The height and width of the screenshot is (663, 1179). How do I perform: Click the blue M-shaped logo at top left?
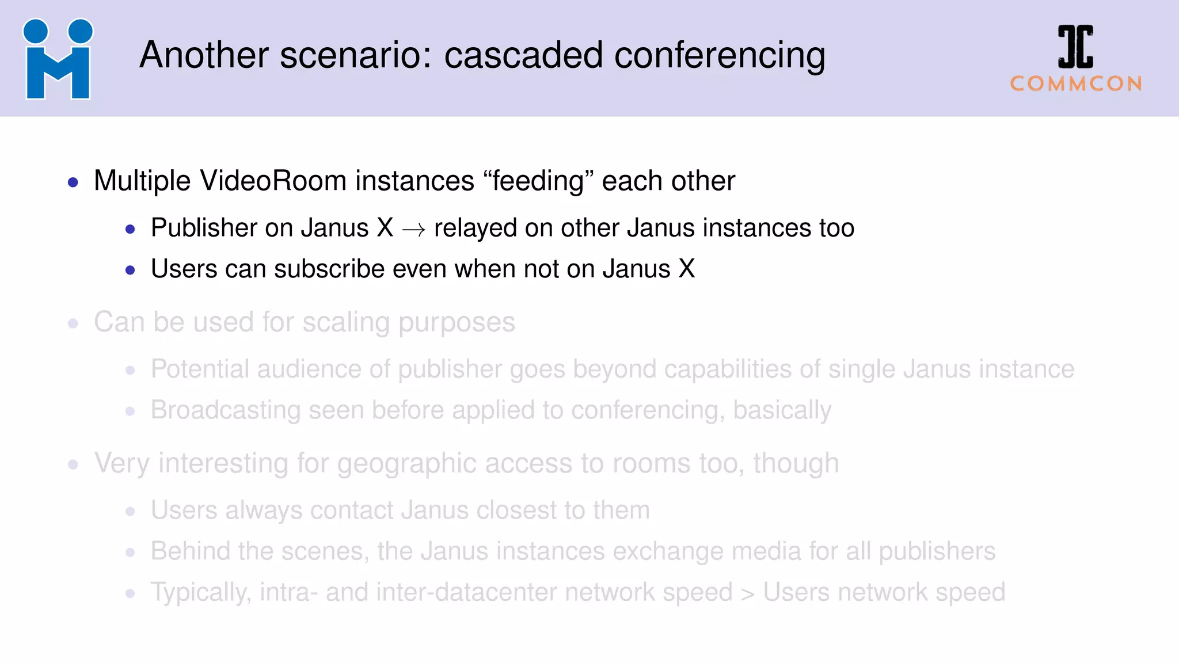point(58,60)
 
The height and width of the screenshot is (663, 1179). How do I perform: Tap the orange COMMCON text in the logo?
point(1076,84)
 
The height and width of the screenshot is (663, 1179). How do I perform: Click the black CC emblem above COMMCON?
point(1075,47)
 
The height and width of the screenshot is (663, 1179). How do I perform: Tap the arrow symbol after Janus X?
point(414,230)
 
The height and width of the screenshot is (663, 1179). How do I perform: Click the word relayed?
point(476,228)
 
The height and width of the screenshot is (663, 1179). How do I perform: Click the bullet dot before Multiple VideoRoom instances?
point(73,183)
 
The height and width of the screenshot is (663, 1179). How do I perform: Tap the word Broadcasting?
point(226,410)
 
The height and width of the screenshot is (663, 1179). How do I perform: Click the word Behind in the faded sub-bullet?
point(191,551)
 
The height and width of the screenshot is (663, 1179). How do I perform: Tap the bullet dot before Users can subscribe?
point(130,270)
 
